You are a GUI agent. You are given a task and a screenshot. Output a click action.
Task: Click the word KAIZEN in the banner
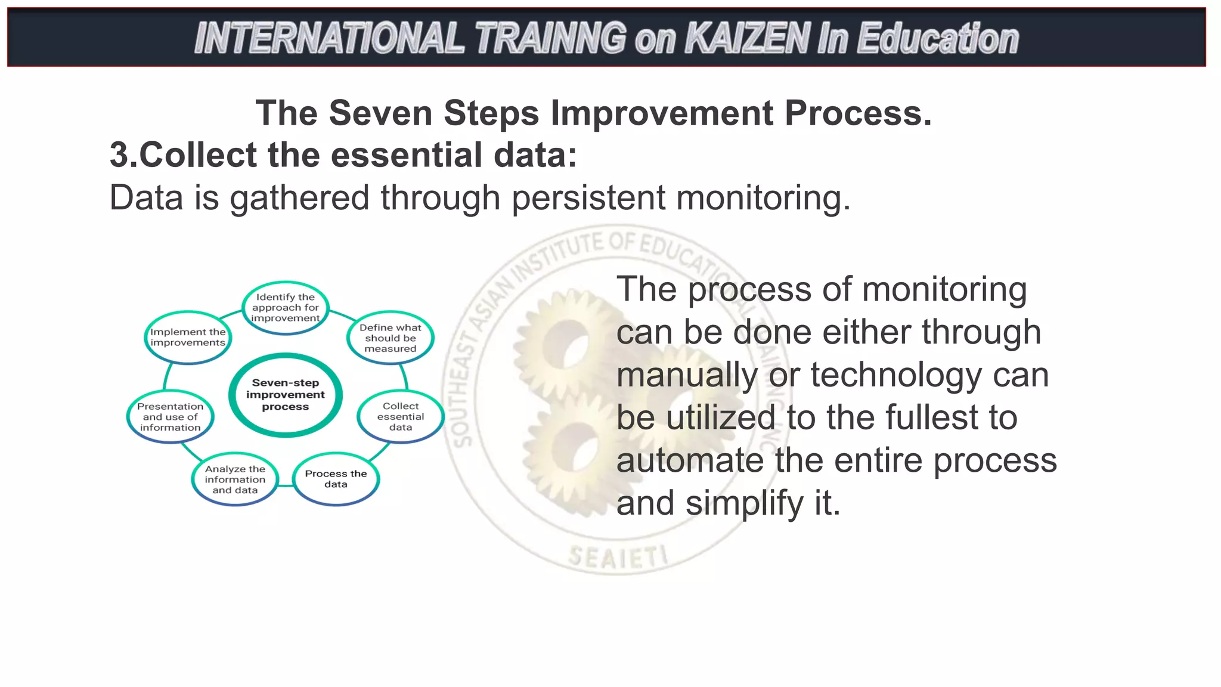748,39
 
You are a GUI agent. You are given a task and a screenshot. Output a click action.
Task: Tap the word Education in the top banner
938,39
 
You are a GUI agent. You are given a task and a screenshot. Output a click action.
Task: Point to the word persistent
588,198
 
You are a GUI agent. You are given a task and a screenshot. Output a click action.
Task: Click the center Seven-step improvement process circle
286,395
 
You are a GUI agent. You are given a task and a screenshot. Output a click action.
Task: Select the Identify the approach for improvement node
286,308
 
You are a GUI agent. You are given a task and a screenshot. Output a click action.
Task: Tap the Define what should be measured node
391,338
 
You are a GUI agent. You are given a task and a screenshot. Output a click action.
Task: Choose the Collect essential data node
401,417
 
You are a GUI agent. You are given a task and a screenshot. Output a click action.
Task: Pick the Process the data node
336,479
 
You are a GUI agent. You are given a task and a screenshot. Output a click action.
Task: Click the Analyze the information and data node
235,479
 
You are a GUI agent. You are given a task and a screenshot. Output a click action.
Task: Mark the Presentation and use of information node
171,417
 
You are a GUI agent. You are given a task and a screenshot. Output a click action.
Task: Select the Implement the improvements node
188,338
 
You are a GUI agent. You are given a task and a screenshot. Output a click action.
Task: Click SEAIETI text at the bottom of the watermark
618,558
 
